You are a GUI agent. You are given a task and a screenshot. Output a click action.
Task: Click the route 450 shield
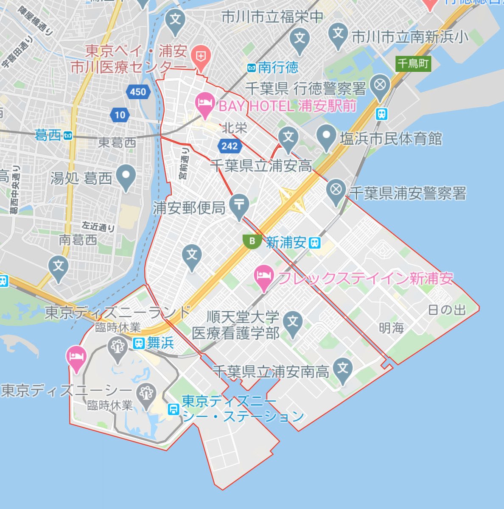tap(138, 92)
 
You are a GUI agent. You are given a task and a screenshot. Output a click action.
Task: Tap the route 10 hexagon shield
tap(120, 115)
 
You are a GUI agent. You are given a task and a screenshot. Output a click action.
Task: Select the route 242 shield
tap(230, 146)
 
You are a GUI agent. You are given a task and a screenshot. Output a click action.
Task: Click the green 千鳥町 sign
tap(413, 64)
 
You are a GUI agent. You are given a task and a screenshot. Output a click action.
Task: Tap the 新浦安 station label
tap(286, 243)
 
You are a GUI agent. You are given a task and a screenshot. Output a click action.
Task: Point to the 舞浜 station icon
tap(139, 343)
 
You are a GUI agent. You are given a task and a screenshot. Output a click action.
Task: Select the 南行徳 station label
tap(278, 67)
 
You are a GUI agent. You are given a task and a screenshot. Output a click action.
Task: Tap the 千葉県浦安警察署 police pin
tap(337, 190)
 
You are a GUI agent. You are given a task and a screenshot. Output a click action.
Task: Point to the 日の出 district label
tap(446, 310)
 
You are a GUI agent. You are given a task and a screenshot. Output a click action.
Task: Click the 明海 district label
tap(391, 328)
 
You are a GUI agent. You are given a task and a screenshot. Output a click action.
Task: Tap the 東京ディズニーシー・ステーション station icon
tap(173, 409)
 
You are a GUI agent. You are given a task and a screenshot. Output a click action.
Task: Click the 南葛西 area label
tap(78, 240)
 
